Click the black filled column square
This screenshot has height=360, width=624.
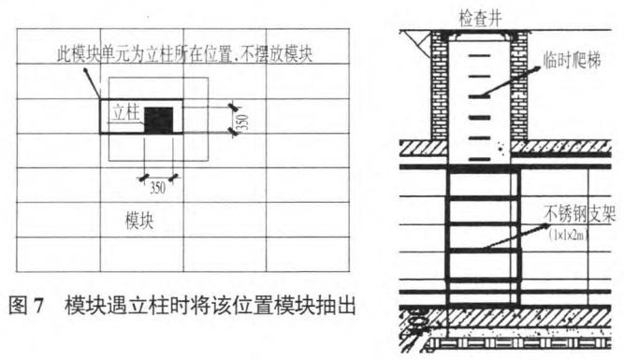point(164,119)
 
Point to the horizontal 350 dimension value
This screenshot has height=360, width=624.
point(158,187)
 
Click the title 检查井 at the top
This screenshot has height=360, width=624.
point(480,15)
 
